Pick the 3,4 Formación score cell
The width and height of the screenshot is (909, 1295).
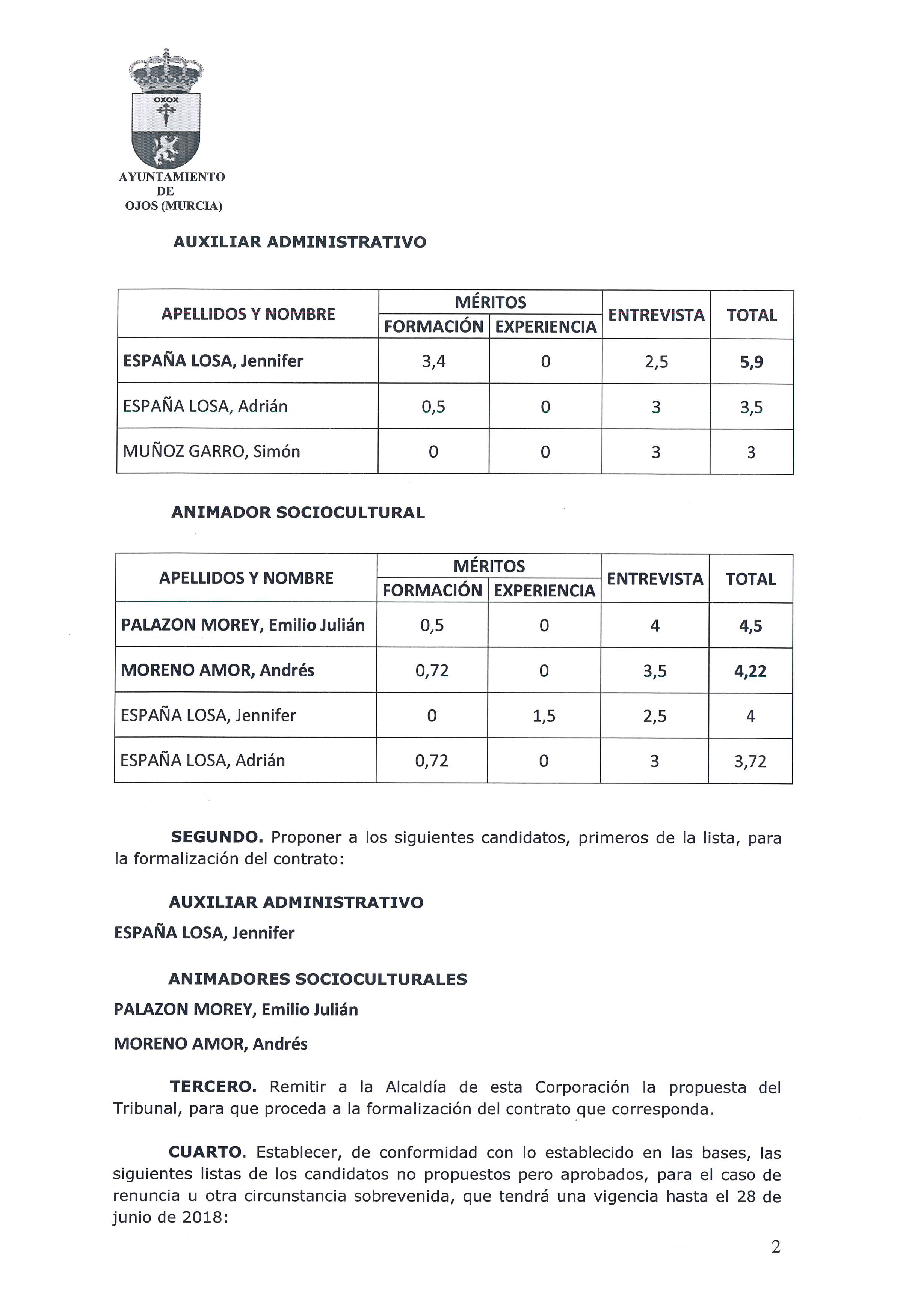tap(433, 361)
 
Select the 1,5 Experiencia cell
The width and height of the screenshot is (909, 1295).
tap(544, 716)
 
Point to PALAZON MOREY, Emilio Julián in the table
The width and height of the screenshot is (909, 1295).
tap(243, 625)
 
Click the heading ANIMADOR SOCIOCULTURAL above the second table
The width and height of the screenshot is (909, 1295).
tap(298, 513)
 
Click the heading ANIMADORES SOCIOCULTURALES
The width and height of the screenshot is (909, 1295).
tap(318, 979)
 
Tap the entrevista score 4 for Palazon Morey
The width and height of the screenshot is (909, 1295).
tap(655, 625)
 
